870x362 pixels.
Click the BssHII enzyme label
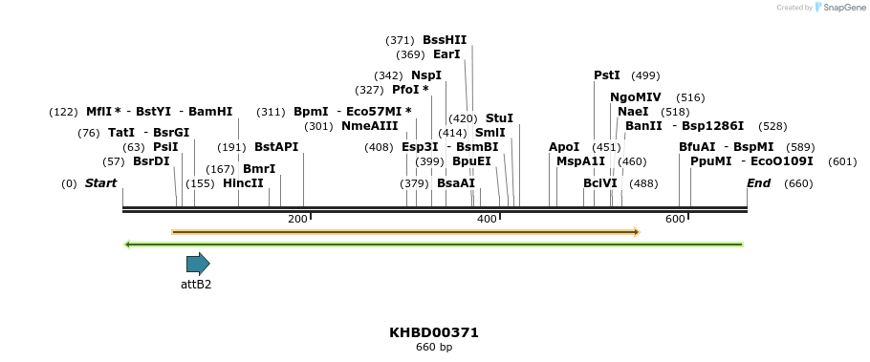pos(445,40)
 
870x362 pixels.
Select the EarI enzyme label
pos(446,54)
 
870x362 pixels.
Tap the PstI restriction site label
pos(607,75)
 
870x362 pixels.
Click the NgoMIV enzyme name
pos(636,97)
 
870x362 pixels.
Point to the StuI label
pos(499,118)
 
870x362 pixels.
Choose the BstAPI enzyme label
pos(276,147)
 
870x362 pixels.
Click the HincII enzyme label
pos(243,183)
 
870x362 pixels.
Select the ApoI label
pos(564,147)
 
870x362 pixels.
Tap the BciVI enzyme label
pos(600,183)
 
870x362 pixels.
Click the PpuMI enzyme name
pos(711,161)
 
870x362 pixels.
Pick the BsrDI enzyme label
pos(151,161)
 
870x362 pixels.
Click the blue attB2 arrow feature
pos(198,265)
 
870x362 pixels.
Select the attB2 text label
pos(196,284)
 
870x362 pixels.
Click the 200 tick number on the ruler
pos(297,220)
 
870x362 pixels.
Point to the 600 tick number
pos(676,220)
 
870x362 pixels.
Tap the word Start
pos(100,183)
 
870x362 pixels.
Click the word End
pos(758,183)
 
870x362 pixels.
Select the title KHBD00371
pos(434,332)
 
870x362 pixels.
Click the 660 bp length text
pos(434,347)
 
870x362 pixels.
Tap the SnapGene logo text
pos(841,8)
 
